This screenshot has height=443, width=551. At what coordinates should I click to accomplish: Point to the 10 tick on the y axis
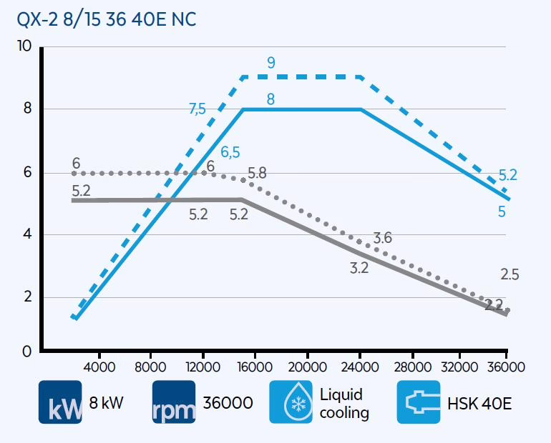26,47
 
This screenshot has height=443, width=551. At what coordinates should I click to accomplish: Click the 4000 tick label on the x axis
99,367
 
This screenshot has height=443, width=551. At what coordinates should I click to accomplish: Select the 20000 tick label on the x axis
307,367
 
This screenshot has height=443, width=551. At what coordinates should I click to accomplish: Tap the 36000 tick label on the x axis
505,367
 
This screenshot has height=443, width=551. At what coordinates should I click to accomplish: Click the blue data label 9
270,63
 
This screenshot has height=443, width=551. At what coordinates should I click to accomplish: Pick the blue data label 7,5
197,109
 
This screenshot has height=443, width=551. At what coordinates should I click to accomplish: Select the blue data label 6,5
230,152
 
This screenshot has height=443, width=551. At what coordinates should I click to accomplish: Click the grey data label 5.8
256,173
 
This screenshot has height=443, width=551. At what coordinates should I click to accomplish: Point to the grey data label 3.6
383,238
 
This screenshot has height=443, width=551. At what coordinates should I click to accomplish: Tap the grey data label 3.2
359,268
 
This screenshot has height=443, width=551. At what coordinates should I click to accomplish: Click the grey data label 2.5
510,274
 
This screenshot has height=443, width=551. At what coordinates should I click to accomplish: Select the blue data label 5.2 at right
507,175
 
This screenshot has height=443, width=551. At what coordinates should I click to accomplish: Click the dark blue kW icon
60,402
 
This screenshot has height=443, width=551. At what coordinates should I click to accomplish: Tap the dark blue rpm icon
174,402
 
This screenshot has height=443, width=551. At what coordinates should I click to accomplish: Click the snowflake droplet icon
291,402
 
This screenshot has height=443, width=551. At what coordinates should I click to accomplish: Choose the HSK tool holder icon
419,402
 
